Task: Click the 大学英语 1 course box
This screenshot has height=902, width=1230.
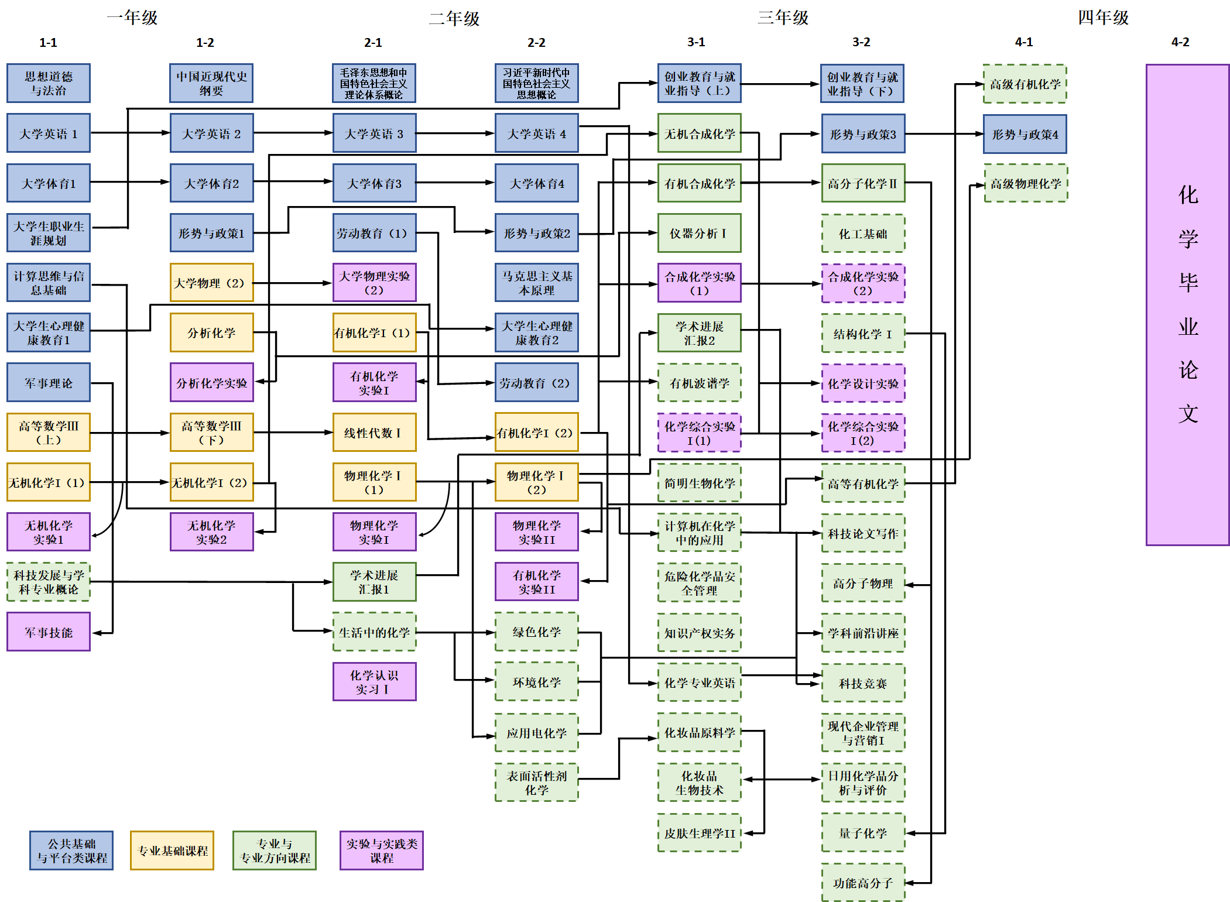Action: [49, 133]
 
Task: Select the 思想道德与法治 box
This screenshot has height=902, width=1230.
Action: [49, 83]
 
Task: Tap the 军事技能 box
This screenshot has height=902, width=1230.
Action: [49, 632]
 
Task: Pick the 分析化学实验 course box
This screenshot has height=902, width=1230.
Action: [211, 383]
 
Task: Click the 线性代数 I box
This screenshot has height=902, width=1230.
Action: [374, 433]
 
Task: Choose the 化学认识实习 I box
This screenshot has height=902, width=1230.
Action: [374, 682]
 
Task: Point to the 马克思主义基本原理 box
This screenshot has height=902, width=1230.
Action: [536, 283]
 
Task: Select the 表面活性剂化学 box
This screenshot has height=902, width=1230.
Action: [536, 783]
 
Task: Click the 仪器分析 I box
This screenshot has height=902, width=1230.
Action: [699, 233]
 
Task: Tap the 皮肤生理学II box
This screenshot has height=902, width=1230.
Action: [699, 833]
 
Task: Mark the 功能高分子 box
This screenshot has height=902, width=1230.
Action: [863, 883]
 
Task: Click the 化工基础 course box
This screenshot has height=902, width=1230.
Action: [863, 234]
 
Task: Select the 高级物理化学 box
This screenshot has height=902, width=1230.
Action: [1026, 184]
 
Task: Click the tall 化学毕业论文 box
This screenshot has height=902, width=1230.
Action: [1187, 304]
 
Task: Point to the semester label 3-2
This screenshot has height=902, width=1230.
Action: [861, 42]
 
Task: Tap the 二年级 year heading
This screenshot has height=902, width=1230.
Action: [454, 18]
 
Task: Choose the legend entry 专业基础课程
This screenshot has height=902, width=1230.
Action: [172, 850]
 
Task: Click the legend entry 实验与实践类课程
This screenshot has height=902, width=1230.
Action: [381, 850]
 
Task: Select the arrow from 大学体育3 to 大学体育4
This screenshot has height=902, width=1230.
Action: [455, 183]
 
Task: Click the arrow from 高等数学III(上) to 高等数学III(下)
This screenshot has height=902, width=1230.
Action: [129, 433]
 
